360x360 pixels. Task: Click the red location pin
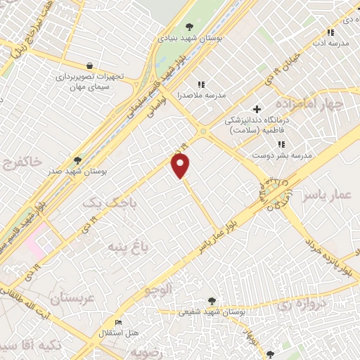181,166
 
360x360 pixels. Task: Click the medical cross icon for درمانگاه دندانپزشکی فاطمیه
257,110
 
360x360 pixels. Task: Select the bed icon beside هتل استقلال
118,323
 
